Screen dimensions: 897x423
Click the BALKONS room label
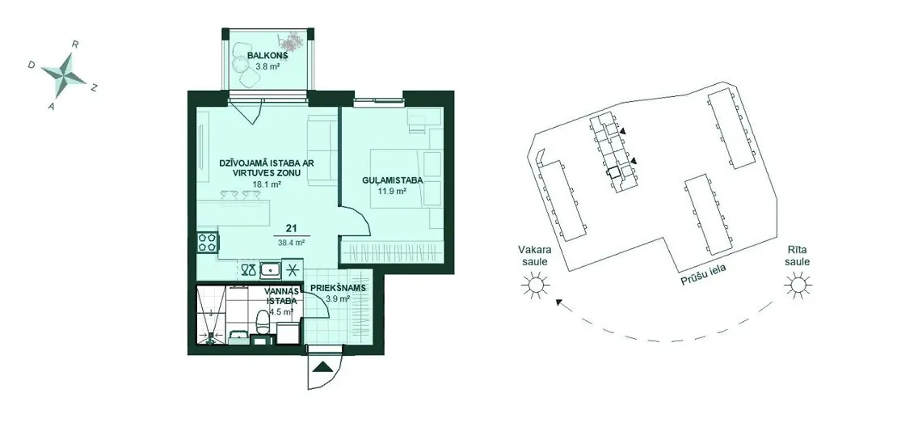click(x=267, y=56)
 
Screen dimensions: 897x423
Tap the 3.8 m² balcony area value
click(x=267, y=66)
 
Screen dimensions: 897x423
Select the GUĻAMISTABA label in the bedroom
click(x=393, y=180)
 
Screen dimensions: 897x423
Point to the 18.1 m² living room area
click(x=267, y=184)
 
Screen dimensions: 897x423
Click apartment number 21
click(x=291, y=228)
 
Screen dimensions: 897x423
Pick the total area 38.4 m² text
click(x=291, y=243)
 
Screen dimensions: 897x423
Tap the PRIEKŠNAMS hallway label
click(x=338, y=289)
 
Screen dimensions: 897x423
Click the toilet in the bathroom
click(x=263, y=324)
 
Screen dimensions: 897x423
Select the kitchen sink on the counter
click(x=269, y=269)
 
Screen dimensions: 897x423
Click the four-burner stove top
click(x=208, y=242)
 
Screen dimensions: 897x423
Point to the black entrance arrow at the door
click(x=323, y=367)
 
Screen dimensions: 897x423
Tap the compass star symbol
click(x=63, y=75)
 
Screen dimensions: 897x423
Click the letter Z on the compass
click(x=95, y=87)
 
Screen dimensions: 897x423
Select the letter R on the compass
click(x=75, y=44)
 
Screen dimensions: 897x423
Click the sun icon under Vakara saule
click(x=536, y=285)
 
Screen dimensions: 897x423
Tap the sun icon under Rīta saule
click(x=797, y=285)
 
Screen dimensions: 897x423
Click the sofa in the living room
click(x=322, y=150)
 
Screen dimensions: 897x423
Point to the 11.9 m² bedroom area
click(x=392, y=191)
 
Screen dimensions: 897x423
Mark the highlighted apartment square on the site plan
click(x=613, y=172)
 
